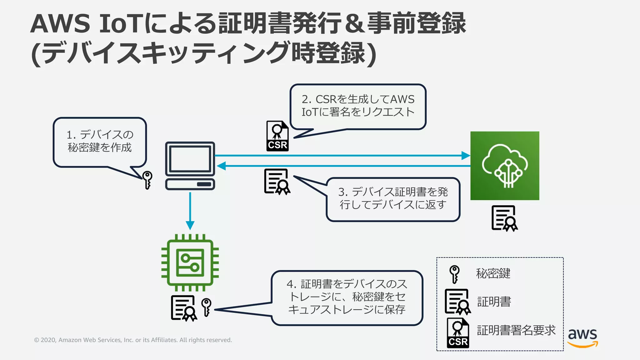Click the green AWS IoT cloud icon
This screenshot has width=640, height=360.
[x=505, y=166]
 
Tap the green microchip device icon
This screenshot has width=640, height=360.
[x=190, y=262]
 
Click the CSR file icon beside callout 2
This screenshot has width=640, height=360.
[x=277, y=136]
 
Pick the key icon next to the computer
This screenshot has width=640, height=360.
[x=147, y=180]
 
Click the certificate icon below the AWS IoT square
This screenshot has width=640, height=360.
[x=504, y=218]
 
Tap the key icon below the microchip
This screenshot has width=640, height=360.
[x=206, y=307]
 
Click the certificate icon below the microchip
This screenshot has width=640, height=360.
[x=184, y=308]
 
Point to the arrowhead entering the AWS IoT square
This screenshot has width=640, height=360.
[x=466, y=155]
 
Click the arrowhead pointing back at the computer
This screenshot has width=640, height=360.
[x=221, y=166]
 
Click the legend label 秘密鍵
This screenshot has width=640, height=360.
[x=493, y=273]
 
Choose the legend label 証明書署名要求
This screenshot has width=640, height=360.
[x=516, y=330]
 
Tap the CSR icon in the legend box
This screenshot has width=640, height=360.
[x=458, y=333]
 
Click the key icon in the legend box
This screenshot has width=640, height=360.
[x=454, y=274]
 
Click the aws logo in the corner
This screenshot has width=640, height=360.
[x=582, y=337]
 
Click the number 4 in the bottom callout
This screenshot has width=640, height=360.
[x=290, y=284]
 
